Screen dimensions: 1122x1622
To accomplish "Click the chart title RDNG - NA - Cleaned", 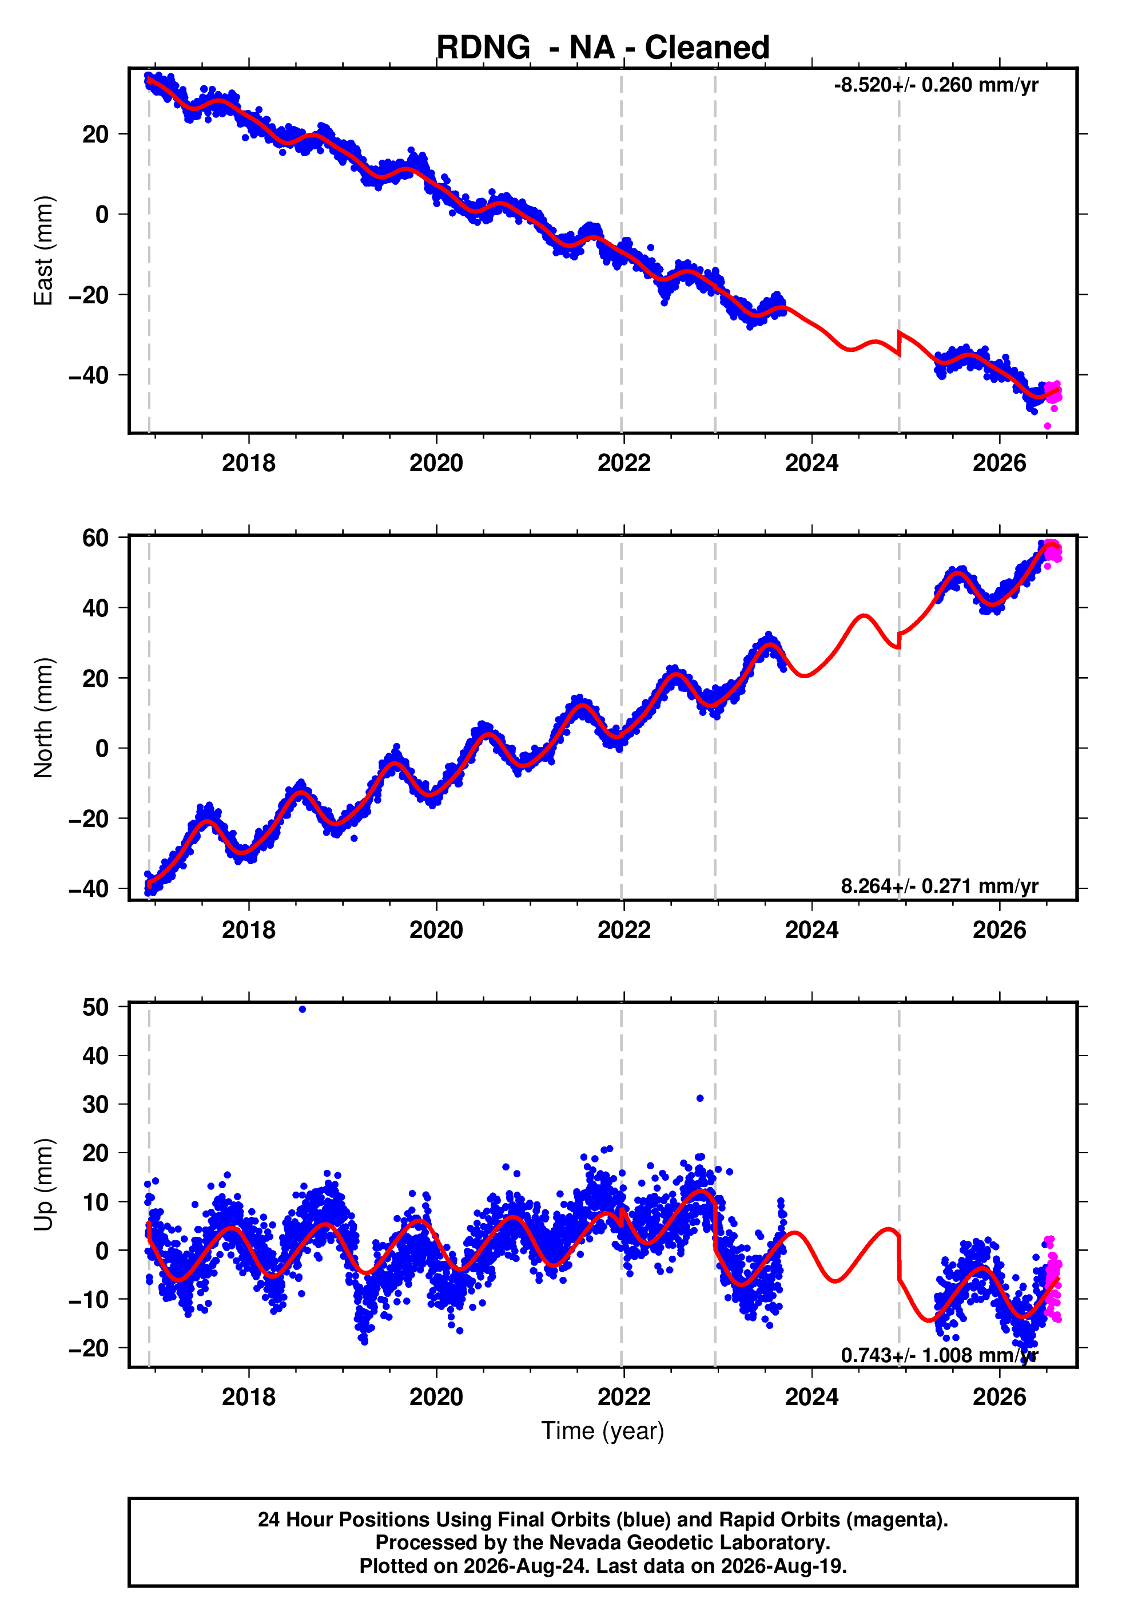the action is click(603, 48).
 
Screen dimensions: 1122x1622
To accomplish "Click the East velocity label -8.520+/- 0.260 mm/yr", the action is click(936, 85).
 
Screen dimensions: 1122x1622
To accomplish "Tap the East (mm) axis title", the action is click(43, 251).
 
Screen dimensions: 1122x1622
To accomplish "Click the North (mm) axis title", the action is click(43, 718).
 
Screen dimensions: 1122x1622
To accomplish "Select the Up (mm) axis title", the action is click(43, 1185).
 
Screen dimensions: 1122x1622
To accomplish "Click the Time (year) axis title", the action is click(603, 1431).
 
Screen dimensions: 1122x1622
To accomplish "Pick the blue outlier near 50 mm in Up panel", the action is click(303, 1010).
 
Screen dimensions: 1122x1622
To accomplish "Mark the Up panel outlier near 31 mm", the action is click(700, 1098).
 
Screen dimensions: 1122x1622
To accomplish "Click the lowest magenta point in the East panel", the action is click(1048, 426).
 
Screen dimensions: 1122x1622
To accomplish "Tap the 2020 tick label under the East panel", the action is click(436, 463).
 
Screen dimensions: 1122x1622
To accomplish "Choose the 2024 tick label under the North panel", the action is click(812, 930).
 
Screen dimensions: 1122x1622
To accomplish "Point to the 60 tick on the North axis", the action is click(96, 537).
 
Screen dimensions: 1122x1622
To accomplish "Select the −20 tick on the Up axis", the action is click(89, 1348).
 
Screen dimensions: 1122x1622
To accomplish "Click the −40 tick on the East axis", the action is click(89, 375).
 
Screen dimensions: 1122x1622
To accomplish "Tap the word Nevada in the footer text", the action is click(583, 1542).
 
